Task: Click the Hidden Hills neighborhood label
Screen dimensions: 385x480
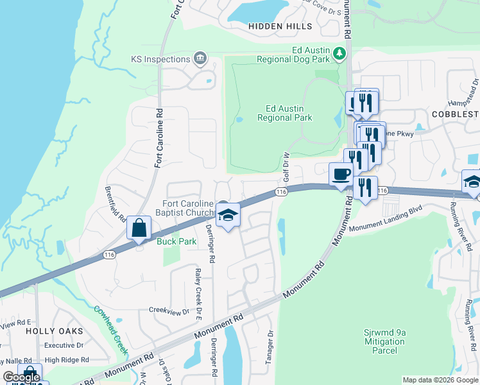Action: coord(280,26)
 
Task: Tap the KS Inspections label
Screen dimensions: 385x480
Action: coord(160,59)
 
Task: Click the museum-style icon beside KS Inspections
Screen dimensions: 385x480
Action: coord(200,59)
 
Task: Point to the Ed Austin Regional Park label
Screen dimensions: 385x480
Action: coord(284,113)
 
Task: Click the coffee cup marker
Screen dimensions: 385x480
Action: coord(341,174)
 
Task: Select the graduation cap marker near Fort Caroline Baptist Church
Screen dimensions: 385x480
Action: coord(228,215)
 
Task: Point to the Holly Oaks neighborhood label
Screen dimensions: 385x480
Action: coord(55,330)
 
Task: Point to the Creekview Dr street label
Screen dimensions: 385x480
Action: coord(169,311)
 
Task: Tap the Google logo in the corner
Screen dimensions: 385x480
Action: coord(21,377)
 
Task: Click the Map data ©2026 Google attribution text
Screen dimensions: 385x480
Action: coord(440,380)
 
